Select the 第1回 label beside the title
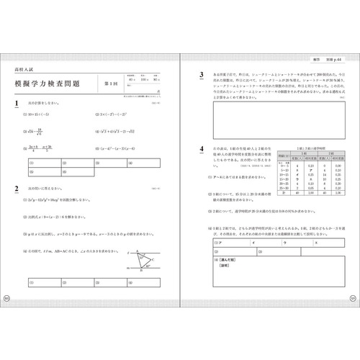[x=109, y=85]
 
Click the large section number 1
[x=16, y=105]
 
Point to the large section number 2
[x=16, y=189]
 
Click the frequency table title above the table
[x=315, y=146]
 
